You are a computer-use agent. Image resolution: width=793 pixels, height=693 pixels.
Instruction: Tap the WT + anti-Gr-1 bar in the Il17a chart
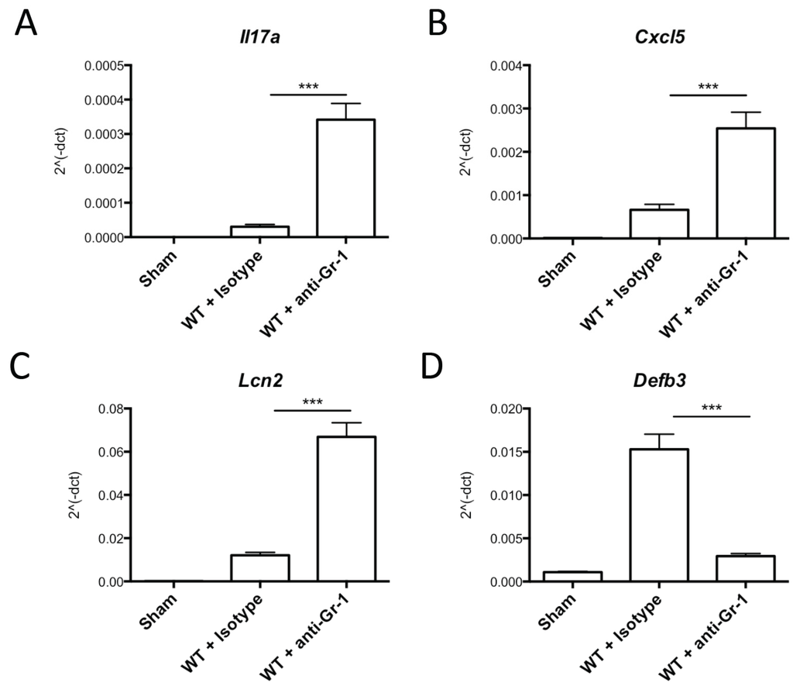(345, 178)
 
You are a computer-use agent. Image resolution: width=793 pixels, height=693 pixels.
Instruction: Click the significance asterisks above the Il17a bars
(307, 87)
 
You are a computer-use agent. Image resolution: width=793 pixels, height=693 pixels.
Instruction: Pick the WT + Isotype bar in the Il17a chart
(259, 232)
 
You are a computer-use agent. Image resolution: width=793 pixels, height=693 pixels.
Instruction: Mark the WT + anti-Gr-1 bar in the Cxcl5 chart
(745, 183)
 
